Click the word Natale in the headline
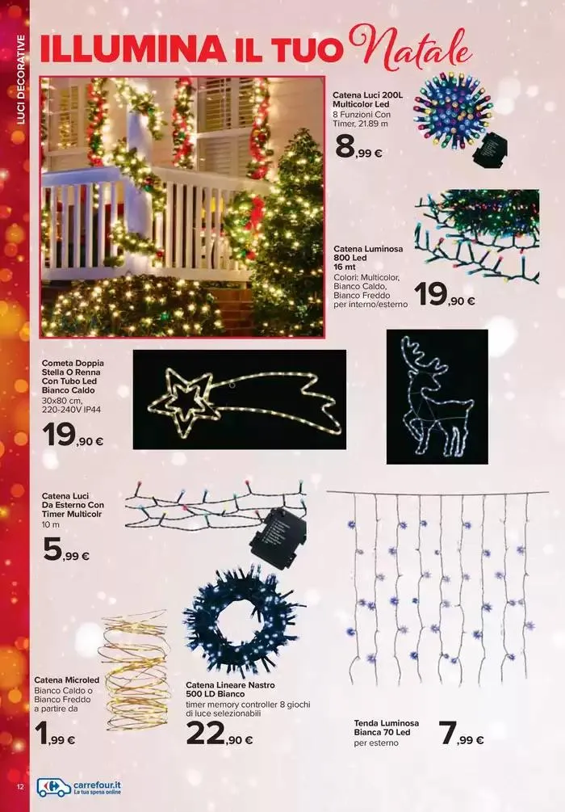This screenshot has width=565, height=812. click(412, 50)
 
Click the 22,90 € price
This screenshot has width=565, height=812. click(220, 734)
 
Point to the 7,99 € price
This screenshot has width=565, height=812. click(461, 734)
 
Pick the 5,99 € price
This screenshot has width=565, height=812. click(65, 550)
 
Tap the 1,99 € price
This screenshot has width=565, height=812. click(55, 734)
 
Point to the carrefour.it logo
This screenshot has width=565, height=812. click(78, 787)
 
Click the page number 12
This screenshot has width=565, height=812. click(21, 787)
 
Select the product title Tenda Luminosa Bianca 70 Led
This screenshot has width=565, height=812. click(386, 728)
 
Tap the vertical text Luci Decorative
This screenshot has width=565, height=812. click(21, 80)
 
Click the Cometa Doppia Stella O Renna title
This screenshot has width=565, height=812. click(73, 377)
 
